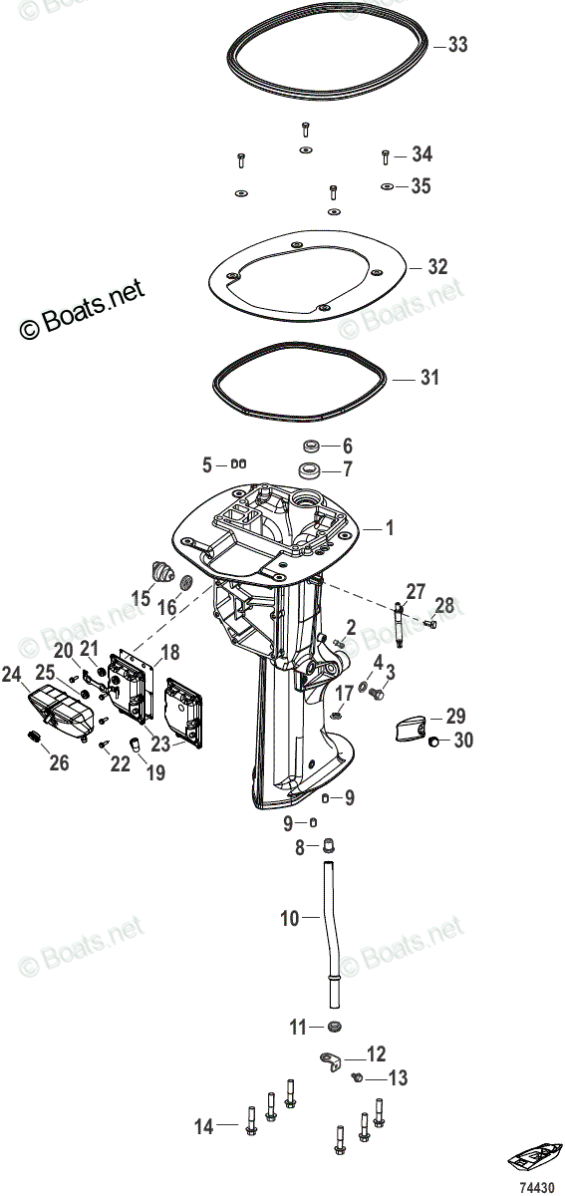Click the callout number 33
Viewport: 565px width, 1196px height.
click(x=457, y=45)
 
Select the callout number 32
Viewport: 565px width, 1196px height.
click(x=437, y=267)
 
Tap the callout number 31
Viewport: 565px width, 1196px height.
click(x=429, y=378)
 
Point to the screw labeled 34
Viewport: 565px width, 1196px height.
click(x=385, y=157)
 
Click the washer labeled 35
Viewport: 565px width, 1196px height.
click(x=388, y=186)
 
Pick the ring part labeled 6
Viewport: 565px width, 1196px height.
click(x=311, y=446)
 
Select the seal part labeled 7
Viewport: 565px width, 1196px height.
click(x=309, y=470)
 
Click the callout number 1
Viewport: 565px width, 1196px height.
click(x=390, y=528)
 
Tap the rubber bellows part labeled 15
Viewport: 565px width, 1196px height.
click(x=160, y=572)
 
